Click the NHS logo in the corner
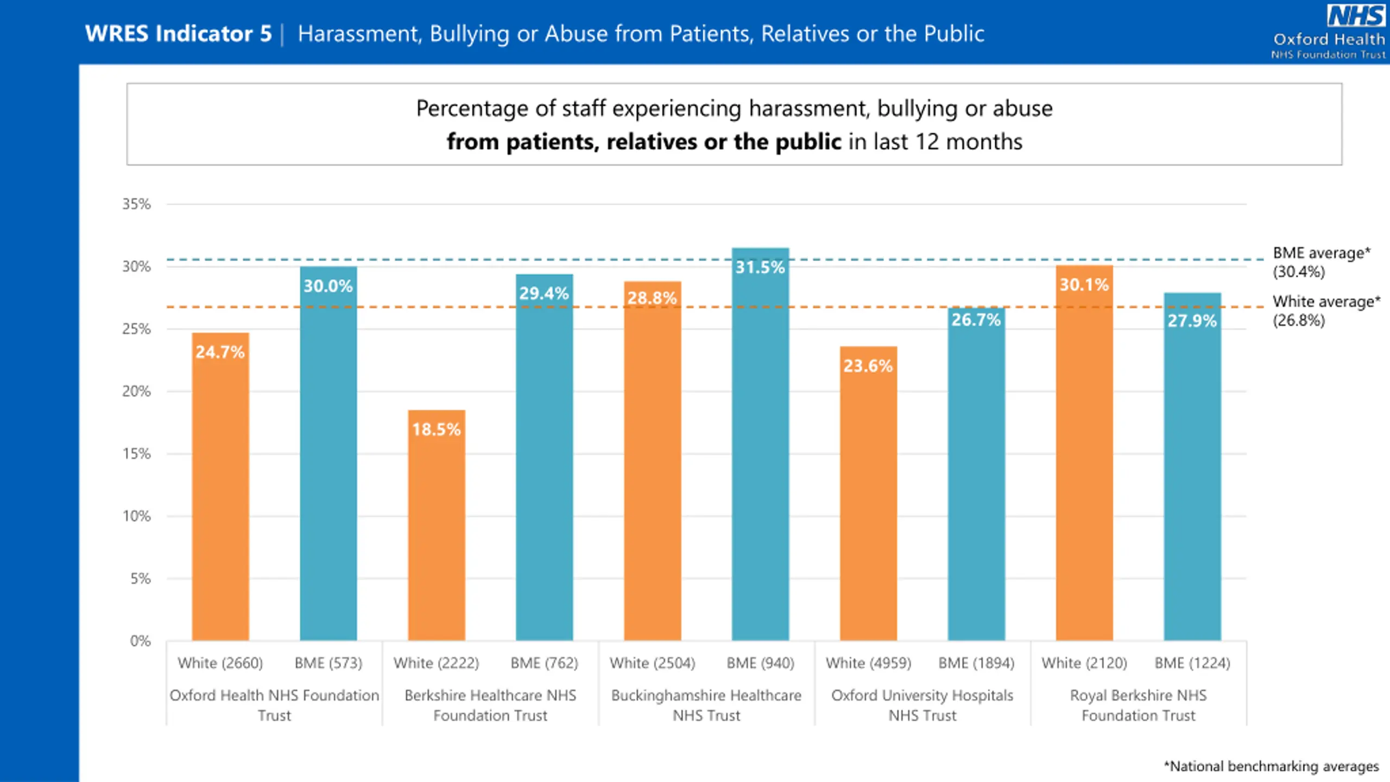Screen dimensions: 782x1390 pyautogui.click(x=1356, y=16)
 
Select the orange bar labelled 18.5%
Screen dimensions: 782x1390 pyautogui.click(x=437, y=525)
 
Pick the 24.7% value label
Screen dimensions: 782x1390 pyautogui.click(x=220, y=352)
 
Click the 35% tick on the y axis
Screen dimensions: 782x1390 pyautogui.click(x=136, y=204)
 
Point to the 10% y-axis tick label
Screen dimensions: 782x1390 pyautogui.click(x=136, y=516)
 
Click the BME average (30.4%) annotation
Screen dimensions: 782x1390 pyautogui.click(x=1321, y=262)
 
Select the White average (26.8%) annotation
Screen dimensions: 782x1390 pyautogui.click(x=1326, y=311)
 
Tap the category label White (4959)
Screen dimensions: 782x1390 pyautogui.click(x=868, y=663)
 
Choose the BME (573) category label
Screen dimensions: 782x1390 pyautogui.click(x=328, y=663)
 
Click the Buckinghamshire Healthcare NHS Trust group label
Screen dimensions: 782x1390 pyautogui.click(x=706, y=705)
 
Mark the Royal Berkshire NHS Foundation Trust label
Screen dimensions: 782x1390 pyautogui.click(x=1138, y=705)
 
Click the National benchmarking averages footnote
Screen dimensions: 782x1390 pyautogui.click(x=1271, y=766)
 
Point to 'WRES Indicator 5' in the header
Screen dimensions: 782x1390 pyautogui.click(x=178, y=34)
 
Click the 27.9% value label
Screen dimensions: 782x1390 pyautogui.click(x=1192, y=321)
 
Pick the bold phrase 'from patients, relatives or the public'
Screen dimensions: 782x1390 pyautogui.click(x=643, y=142)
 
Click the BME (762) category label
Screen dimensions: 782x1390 pyautogui.click(x=544, y=663)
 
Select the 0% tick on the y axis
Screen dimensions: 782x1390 pyautogui.click(x=140, y=641)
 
